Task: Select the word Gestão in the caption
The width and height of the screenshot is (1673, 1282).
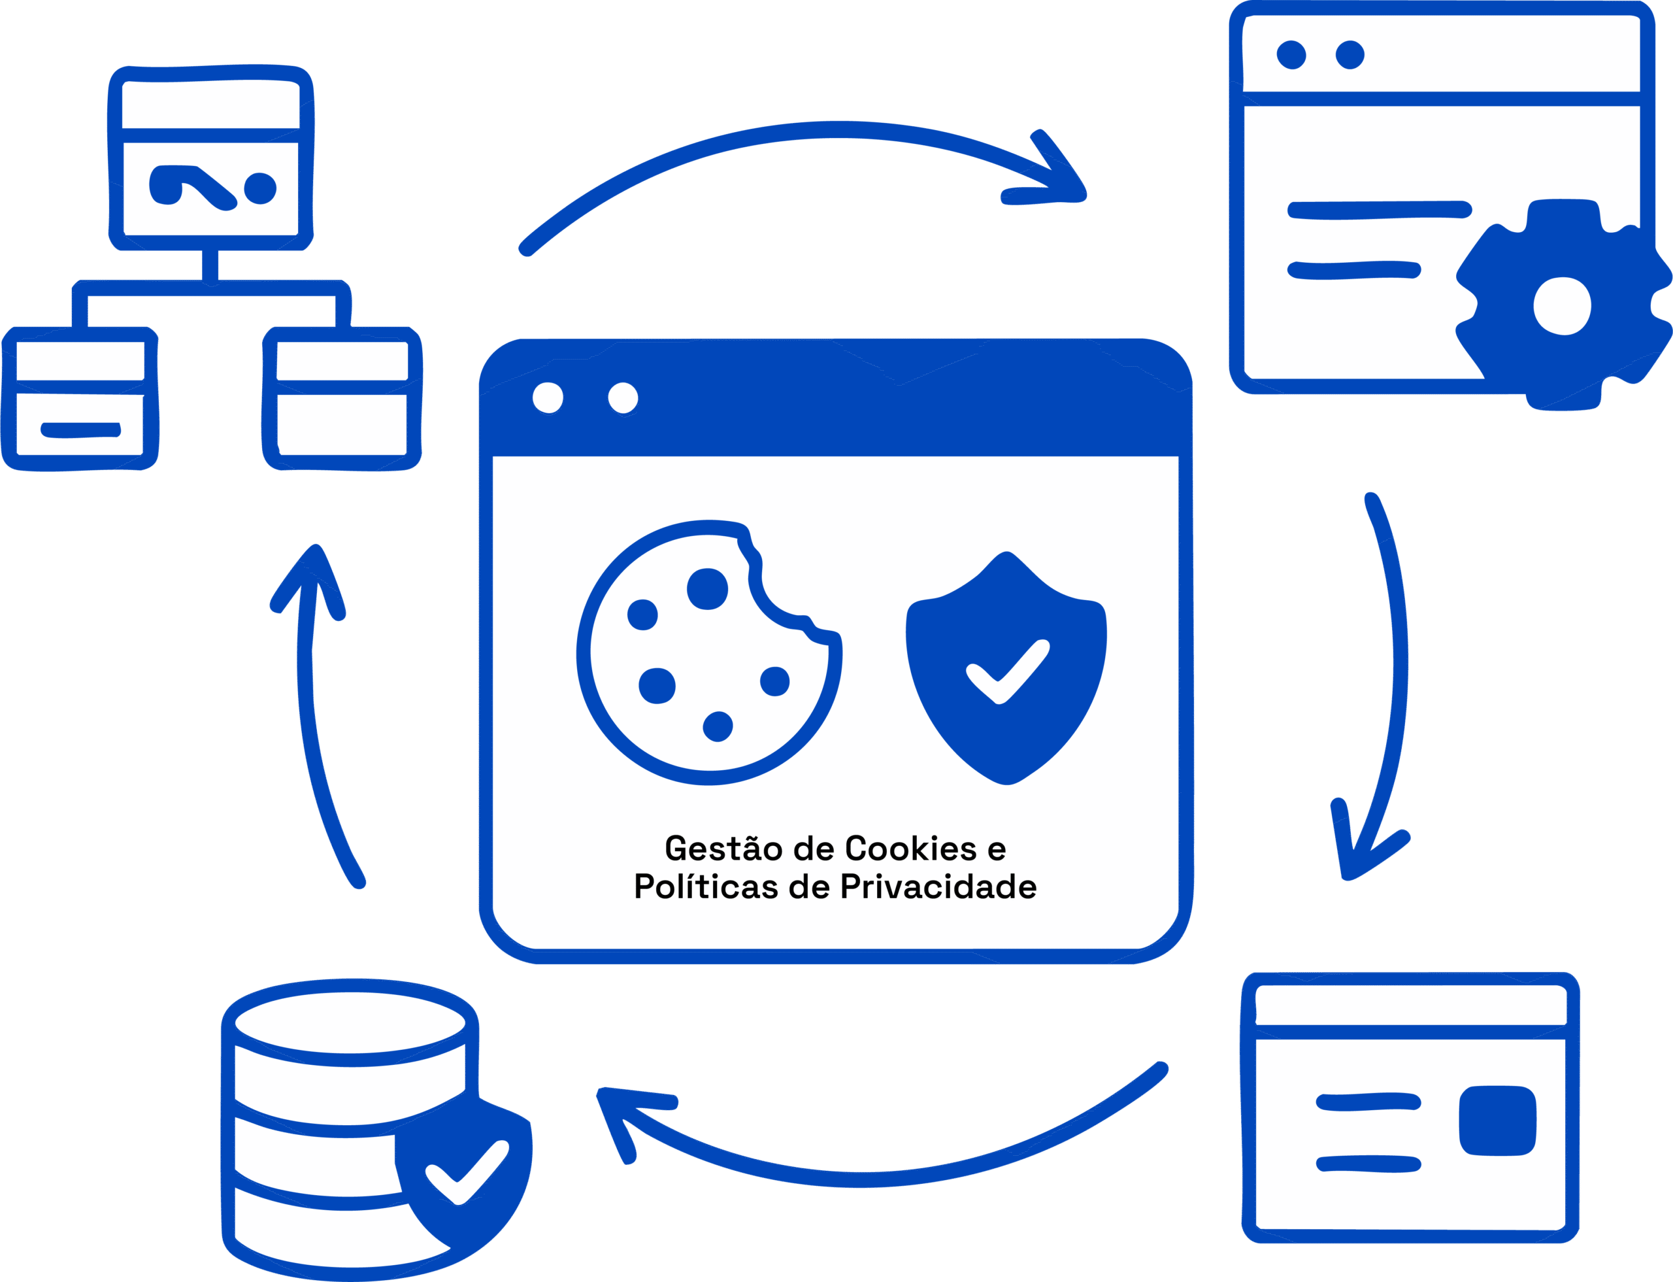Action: [x=723, y=849]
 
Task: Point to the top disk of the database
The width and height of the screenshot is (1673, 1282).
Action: [x=350, y=1023]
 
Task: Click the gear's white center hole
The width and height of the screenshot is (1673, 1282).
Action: [x=1562, y=306]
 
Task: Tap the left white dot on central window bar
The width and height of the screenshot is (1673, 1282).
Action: [x=548, y=397]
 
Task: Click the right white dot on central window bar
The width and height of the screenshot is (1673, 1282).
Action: [x=623, y=397]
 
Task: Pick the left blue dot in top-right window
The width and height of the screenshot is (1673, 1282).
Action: [x=1291, y=55]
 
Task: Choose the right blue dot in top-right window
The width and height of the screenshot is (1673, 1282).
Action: [x=1350, y=55]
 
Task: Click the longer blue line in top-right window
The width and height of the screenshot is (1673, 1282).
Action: [x=1380, y=211]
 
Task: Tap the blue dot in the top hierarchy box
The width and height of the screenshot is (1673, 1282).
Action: [x=260, y=188]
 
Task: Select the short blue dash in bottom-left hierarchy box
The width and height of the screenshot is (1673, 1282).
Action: [x=81, y=430]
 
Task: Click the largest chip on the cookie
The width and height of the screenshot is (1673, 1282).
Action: [x=707, y=589]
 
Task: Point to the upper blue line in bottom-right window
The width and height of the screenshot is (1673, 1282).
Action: [x=1368, y=1102]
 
